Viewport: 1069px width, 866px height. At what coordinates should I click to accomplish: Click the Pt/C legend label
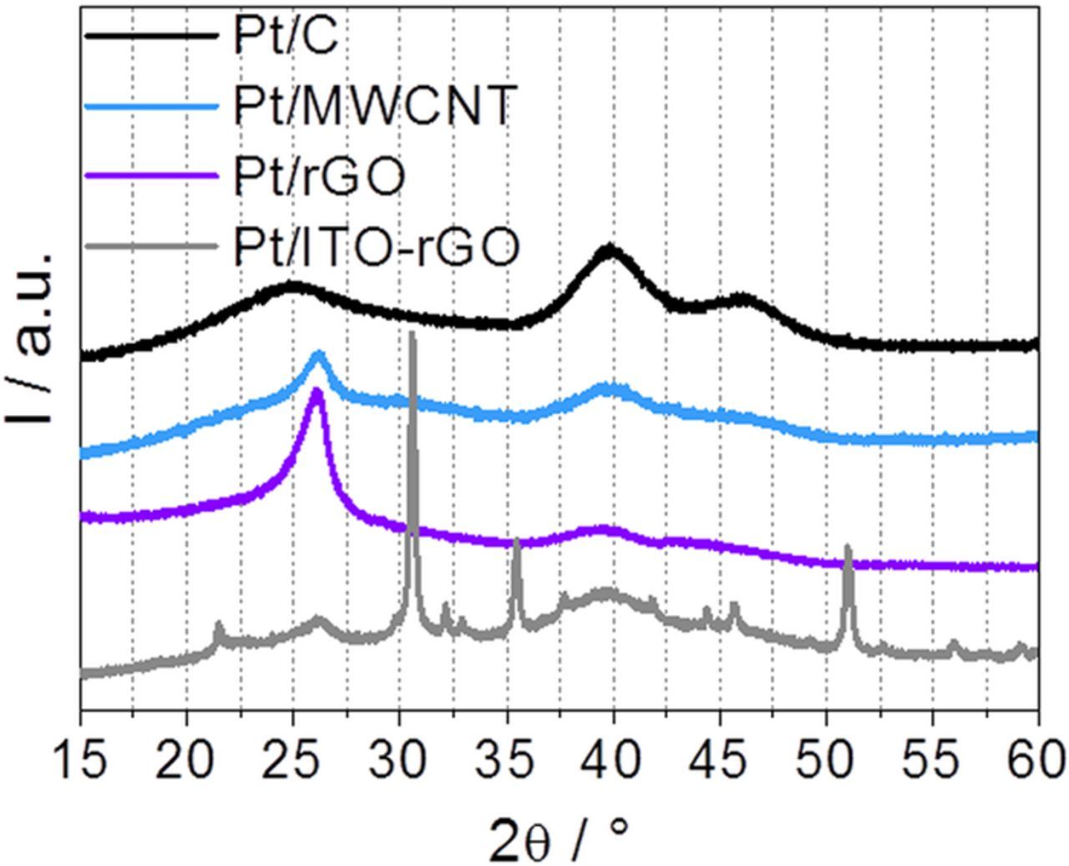286,37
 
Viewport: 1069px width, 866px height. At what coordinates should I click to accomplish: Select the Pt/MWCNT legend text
372,107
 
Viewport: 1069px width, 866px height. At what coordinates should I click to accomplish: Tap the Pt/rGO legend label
319,176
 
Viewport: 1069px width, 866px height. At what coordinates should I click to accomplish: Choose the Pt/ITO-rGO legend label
377,247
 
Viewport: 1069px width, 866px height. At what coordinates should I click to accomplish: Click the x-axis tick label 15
81,761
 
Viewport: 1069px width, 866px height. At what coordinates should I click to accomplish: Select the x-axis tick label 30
400,761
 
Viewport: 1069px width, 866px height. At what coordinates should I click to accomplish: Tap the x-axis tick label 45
720,761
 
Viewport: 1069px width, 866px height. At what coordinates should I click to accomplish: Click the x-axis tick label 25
294,761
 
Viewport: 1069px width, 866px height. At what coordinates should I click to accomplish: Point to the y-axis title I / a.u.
33,334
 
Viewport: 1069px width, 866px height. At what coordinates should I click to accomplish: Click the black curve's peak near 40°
610,249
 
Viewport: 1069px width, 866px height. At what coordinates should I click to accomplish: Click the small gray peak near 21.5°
219,625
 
